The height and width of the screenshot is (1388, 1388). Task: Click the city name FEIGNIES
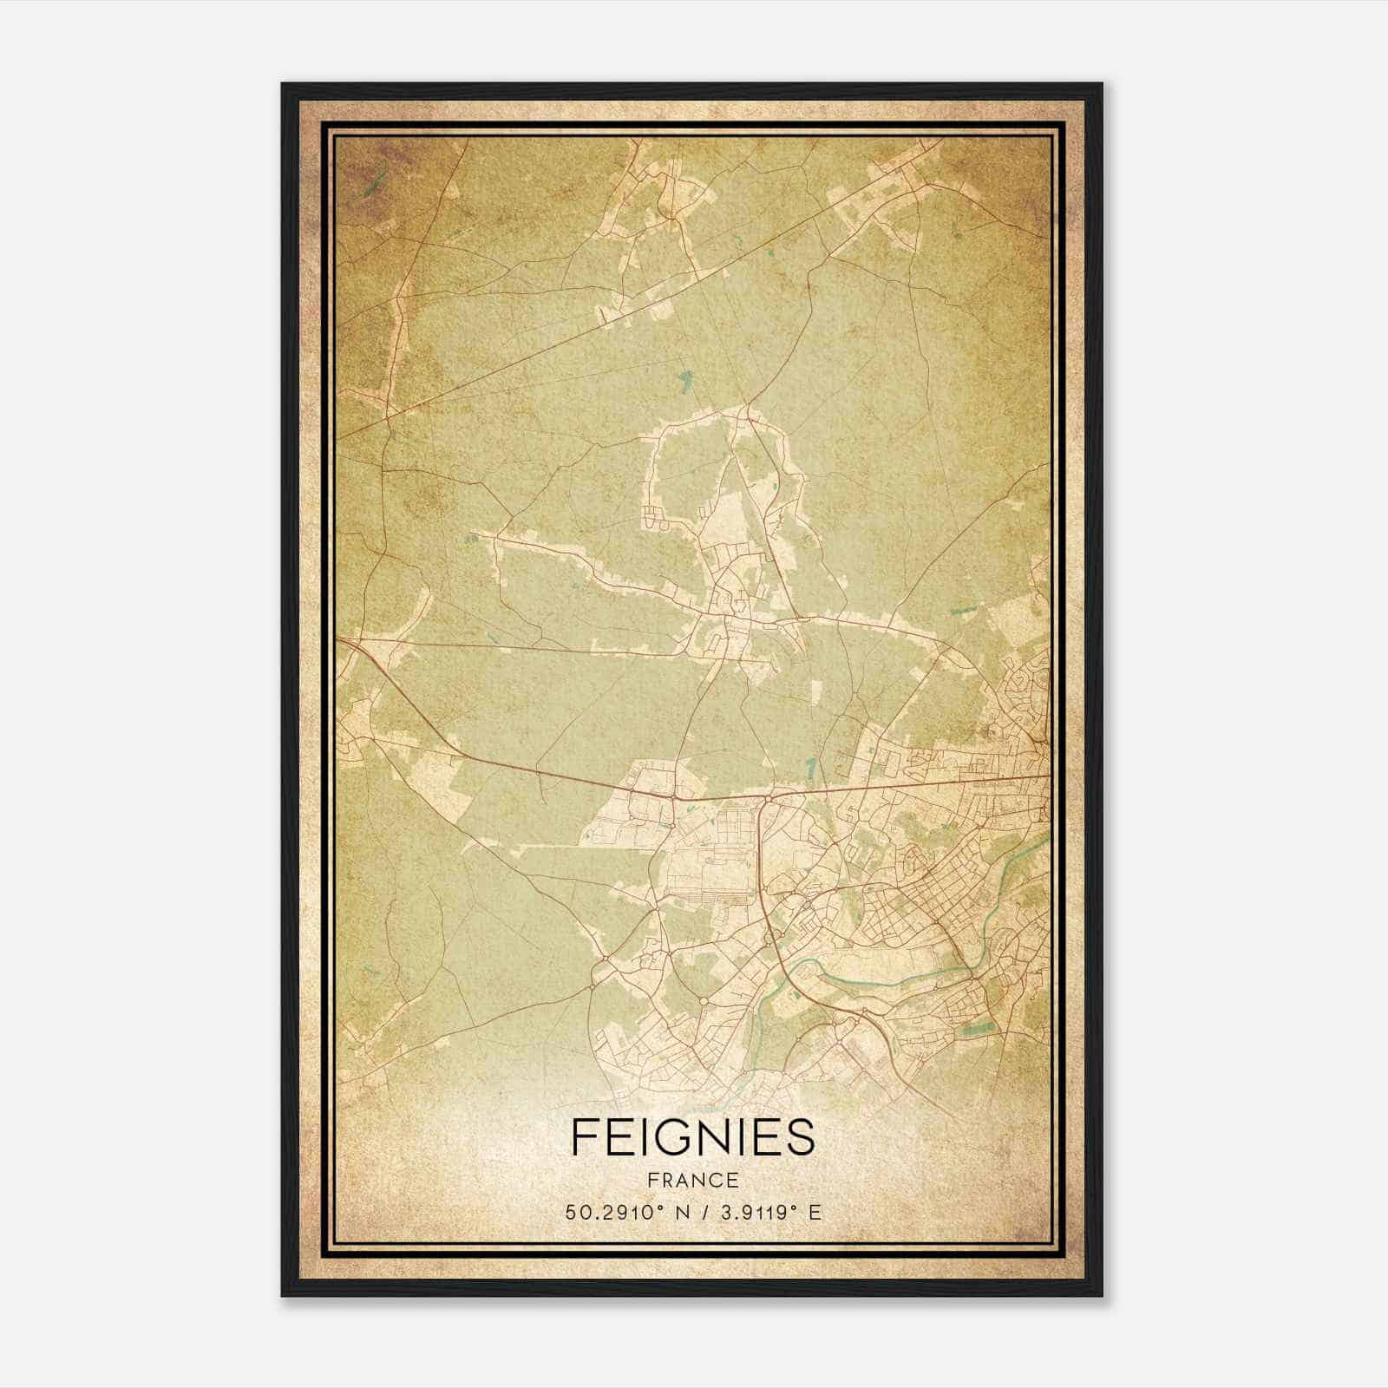coord(693,1137)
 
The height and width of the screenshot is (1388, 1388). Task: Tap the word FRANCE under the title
coord(693,1181)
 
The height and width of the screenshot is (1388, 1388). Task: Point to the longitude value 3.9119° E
coord(764,1212)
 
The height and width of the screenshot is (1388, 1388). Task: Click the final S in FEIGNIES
coord(802,1137)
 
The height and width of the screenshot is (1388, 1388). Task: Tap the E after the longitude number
coord(815,1212)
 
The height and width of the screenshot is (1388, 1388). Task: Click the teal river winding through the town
coord(876,980)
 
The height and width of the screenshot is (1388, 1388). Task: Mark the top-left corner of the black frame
coord(283,84)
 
